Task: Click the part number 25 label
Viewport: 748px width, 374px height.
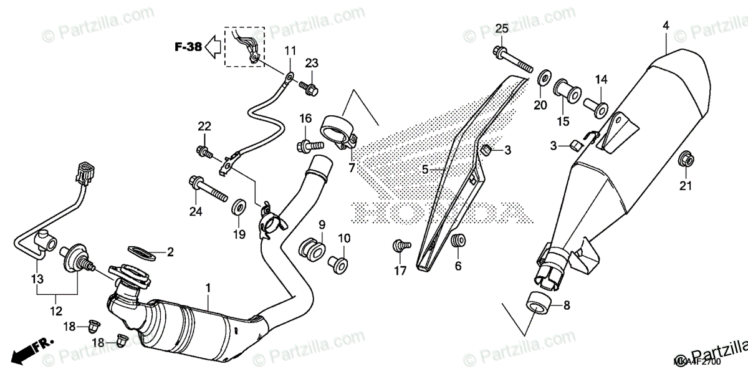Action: pos(502,28)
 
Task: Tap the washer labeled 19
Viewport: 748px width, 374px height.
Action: pos(239,206)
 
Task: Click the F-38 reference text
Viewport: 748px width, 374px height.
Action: pos(188,46)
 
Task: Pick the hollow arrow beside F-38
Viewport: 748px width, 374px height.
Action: pos(214,46)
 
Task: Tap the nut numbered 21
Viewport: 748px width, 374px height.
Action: pos(686,160)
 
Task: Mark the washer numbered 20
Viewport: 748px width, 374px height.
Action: pos(544,79)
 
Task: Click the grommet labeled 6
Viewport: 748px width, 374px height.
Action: pos(459,240)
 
